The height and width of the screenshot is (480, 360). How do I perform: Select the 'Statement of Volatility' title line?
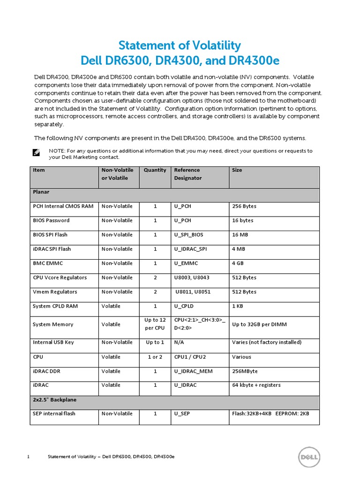pos(180,45)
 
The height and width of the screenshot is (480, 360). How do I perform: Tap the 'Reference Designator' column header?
pos(187,174)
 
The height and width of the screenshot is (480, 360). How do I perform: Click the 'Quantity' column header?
pos(155,170)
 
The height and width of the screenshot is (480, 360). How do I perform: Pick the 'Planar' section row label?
pos(41,192)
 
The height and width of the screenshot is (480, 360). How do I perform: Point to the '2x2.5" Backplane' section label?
pos(54,400)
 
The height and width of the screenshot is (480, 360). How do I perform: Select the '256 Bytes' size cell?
pos(244,206)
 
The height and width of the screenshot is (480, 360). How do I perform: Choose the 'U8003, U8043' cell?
pos(192,277)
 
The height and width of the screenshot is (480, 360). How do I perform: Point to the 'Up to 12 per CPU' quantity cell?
pos(155,324)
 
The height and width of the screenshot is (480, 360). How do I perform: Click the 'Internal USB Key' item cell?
pos(53,342)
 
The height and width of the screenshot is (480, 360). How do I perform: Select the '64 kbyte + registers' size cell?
pos(256,385)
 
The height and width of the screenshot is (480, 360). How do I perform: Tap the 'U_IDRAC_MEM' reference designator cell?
pos(193,371)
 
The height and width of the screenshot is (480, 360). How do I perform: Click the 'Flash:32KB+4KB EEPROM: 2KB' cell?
pos(270,414)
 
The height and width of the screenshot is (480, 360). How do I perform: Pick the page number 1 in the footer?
pos(29,457)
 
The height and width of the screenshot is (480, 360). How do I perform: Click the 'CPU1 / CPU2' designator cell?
pos(190,357)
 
